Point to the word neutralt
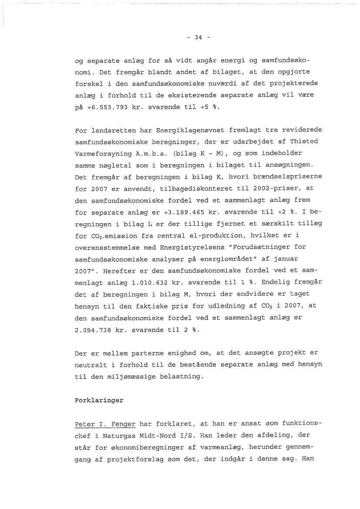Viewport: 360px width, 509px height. [x=91, y=365]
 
